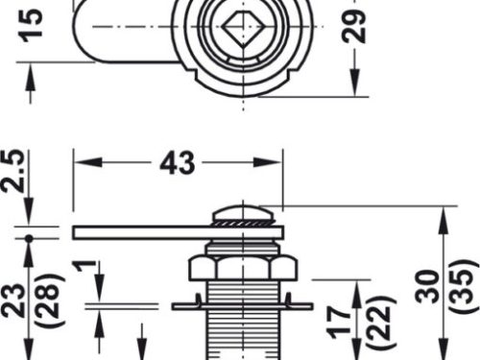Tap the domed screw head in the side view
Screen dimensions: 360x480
(246, 210)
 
